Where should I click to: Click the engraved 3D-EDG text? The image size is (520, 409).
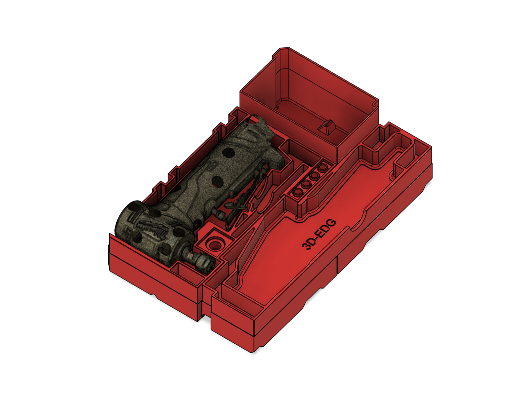click(319, 234)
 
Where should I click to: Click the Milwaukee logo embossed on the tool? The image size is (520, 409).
click(154, 228)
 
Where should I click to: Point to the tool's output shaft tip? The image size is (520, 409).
click(207, 264)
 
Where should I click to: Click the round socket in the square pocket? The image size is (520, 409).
click(214, 244)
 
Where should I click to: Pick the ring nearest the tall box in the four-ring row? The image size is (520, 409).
click(323, 167)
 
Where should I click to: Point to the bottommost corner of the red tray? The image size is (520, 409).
click(252, 352)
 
